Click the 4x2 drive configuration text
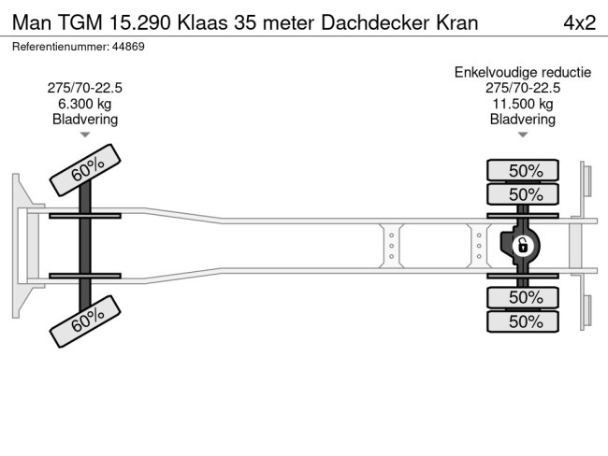click(x=579, y=21)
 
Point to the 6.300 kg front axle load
click(x=84, y=104)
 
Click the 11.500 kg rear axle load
click(x=523, y=104)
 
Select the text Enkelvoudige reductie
click(x=523, y=72)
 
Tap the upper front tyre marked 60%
click(x=86, y=170)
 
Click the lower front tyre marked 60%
click(x=86, y=321)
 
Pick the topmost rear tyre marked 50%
click(x=524, y=170)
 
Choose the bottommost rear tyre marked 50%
click(x=524, y=321)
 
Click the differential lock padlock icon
click(x=524, y=246)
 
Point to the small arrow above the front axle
click(x=84, y=135)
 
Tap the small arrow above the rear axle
click(x=523, y=135)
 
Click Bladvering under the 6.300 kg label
click(x=84, y=120)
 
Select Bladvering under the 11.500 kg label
click(x=523, y=120)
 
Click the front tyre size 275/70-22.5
click(x=84, y=88)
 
